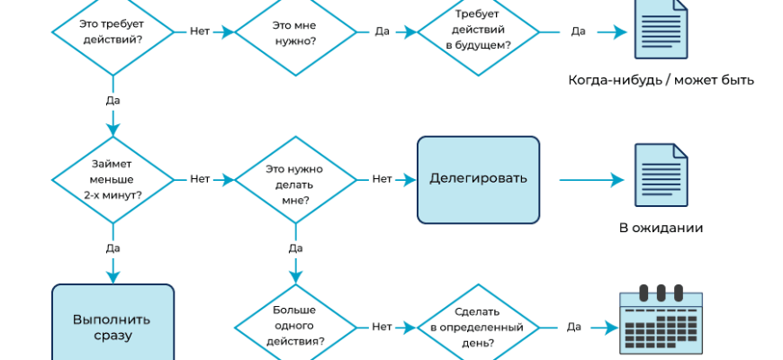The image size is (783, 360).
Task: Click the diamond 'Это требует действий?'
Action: tap(112, 32)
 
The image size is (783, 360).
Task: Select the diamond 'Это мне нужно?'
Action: tap(295, 32)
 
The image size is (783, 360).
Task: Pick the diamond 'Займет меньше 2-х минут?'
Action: tap(112, 179)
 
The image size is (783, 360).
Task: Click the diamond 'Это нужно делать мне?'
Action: tap(295, 179)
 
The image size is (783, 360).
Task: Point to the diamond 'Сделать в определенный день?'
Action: tap(478, 327)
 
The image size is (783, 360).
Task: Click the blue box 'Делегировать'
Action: tap(478, 179)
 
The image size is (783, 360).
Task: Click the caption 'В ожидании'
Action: tap(661, 229)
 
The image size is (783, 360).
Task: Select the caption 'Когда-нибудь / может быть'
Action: tap(661, 80)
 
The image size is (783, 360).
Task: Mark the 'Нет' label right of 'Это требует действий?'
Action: tap(200, 31)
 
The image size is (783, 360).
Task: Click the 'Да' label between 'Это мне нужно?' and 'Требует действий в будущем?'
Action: tap(382, 31)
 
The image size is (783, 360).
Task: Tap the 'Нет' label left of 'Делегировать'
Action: tap(382, 179)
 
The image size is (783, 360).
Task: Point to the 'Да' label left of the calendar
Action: tap(573, 327)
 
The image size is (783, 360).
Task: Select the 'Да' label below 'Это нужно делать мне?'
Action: tap(295, 247)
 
